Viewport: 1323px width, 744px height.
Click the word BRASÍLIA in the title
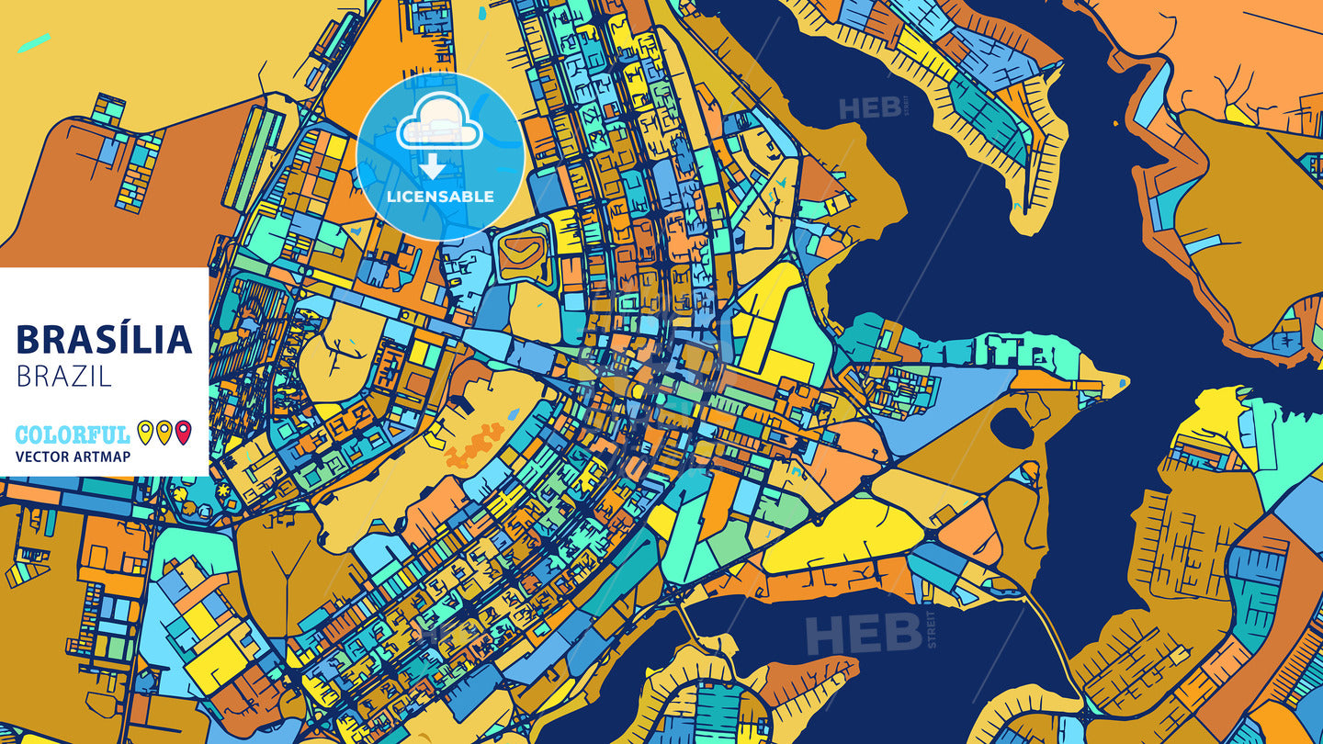(104, 340)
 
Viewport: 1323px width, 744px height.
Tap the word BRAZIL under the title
(63, 376)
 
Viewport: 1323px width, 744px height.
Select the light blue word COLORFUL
(73, 434)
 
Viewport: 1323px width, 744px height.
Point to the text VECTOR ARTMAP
(73, 457)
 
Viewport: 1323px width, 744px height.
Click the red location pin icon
(184, 432)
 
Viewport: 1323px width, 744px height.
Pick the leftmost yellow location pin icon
(145, 432)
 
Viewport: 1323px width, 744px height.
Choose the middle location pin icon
(164, 432)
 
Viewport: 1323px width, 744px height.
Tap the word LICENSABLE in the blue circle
(440, 197)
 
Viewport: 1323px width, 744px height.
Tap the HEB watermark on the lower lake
(864, 633)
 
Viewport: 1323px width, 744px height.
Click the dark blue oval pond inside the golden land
(1012, 427)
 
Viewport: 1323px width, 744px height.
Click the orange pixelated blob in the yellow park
(475, 444)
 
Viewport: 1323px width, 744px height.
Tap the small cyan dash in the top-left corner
(34, 42)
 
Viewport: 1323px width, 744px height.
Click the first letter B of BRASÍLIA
(28, 340)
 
